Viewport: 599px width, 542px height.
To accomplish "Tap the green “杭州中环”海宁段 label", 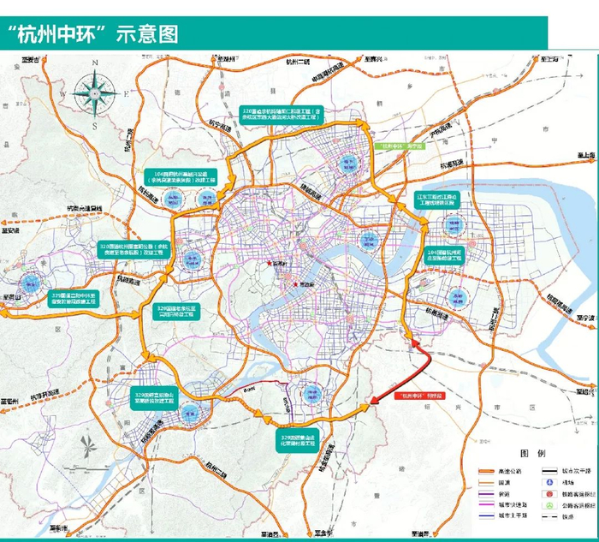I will click(403, 146).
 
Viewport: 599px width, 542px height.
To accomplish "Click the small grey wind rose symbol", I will click(89, 445).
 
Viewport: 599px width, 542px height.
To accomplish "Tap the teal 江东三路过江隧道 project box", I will click(438, 202).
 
